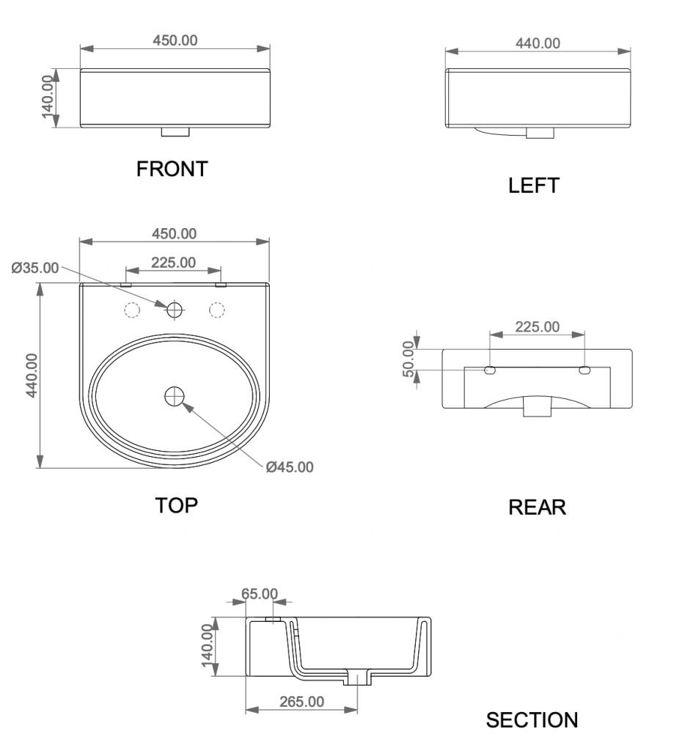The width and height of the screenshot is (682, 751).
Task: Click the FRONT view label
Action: click(172, 169)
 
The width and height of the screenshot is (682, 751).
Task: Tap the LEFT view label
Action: click(534, 186)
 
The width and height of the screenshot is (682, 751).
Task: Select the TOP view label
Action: click(176, 505)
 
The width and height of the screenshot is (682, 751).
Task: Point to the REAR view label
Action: click(537, 508)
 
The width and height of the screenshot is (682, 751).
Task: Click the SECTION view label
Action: click(532, 720)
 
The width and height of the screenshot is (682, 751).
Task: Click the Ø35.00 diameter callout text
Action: click(35, 268)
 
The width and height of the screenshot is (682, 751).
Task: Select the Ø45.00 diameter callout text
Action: click(290, 467)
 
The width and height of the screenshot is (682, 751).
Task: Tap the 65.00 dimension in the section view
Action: click(259, 594)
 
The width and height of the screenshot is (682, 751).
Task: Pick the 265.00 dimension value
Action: click(301, 702)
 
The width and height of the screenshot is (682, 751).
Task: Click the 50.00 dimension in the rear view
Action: click(408, 359)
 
